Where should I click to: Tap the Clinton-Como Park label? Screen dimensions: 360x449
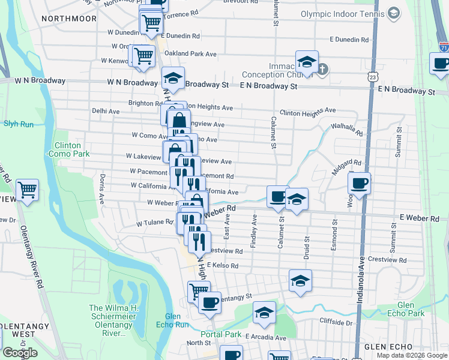(x=71, y=149)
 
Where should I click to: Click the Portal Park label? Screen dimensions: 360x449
(x=220, y=334)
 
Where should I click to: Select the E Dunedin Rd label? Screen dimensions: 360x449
(x=349, y=40)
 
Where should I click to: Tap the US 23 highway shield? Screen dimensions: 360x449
(x=373, y=77)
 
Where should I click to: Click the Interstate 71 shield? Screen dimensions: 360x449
(x=444, y=46)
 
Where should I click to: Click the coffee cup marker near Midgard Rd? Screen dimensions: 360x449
(x=359, y=183)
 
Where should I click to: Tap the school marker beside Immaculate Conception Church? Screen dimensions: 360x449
(x=306, y=62)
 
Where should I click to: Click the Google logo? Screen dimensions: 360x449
(x=20, y=353)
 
